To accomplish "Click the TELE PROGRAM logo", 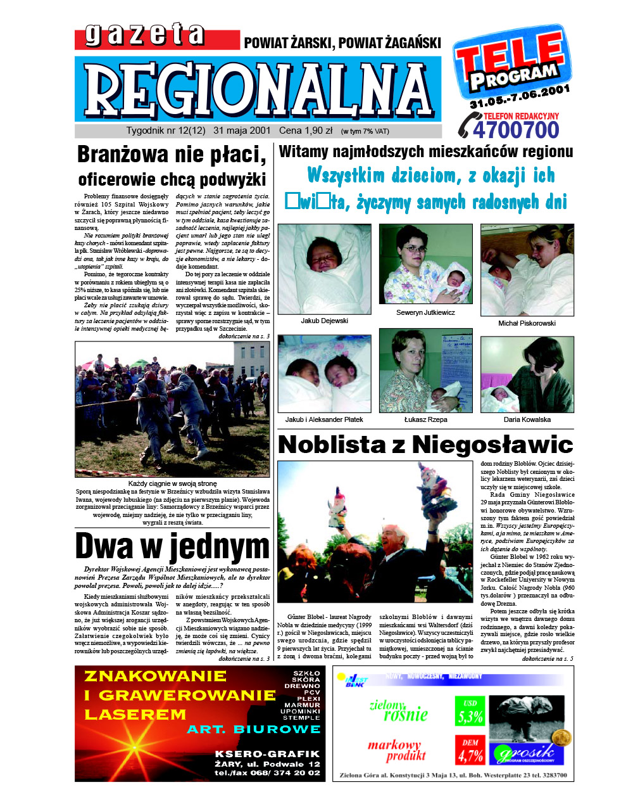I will tap(511, 63).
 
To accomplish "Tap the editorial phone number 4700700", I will tap(516, 130).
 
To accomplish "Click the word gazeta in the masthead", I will tap(144, 35).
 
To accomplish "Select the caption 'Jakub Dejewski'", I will tap(324, 321).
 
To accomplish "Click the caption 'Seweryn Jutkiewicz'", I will tap(425, 312).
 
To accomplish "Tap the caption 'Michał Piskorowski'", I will tap(527, 323).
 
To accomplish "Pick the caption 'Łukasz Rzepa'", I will tap(425, 419).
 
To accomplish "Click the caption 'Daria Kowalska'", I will tap(527, 419).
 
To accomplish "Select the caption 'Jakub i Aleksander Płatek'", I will tap(324, 419).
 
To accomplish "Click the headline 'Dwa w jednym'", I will tap(172, 546).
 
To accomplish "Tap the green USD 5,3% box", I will tap(470, 712).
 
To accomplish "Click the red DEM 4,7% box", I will tap(470, 750).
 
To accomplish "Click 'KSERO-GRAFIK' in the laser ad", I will tap(267, 754).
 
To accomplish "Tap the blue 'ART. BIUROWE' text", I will tap(253, 729).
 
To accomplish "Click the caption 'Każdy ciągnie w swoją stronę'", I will tap(172, 483).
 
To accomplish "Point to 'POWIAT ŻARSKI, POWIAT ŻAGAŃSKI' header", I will tap(342, 43).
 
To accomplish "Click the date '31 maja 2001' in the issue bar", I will tap(242, 131).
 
